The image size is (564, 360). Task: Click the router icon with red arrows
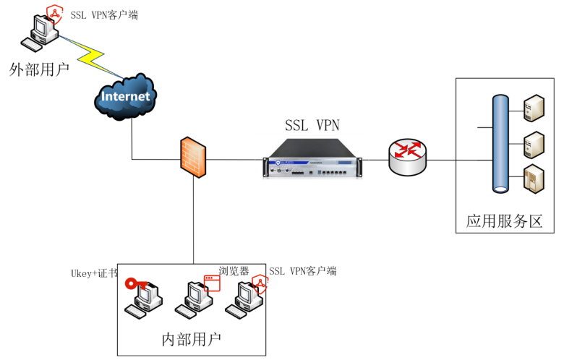pos(408,156)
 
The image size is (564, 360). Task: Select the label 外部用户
pos(39,69)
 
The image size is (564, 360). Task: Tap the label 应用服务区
pos(504,221)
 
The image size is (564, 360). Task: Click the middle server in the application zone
pos(534,144)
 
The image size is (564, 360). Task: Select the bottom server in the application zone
pos(534,179)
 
